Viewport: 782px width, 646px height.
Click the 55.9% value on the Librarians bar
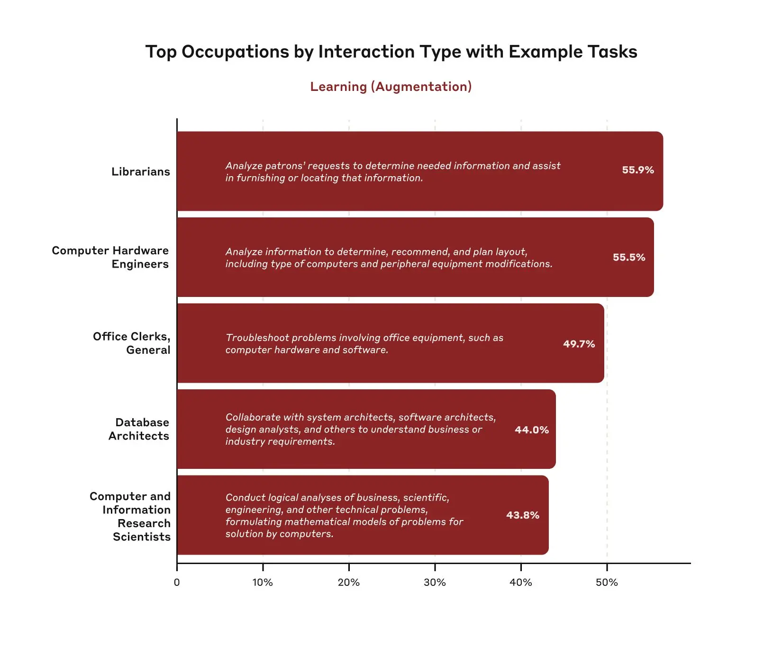637,170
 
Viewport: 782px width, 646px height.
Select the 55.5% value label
628,258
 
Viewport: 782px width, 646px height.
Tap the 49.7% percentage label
579,344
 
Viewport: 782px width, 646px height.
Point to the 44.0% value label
531,430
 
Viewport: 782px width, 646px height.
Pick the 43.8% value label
522,515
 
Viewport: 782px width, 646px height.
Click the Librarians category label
140,172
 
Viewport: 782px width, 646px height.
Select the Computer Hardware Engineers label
110,257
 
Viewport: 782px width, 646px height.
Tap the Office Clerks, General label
131,343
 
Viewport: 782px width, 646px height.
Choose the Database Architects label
139,429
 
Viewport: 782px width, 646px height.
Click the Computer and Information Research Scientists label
130,516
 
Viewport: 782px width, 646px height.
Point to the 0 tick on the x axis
177,583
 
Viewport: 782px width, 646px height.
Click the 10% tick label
263,583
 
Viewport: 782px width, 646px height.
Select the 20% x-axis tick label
348,583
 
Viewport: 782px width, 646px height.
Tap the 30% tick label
435,583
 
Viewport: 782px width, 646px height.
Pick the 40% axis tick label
520,583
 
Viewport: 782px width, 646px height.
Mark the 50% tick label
607,583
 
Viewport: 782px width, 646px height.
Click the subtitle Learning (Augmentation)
391,87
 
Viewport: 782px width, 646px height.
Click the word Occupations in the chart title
235,52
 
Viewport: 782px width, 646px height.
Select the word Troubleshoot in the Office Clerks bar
257,338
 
